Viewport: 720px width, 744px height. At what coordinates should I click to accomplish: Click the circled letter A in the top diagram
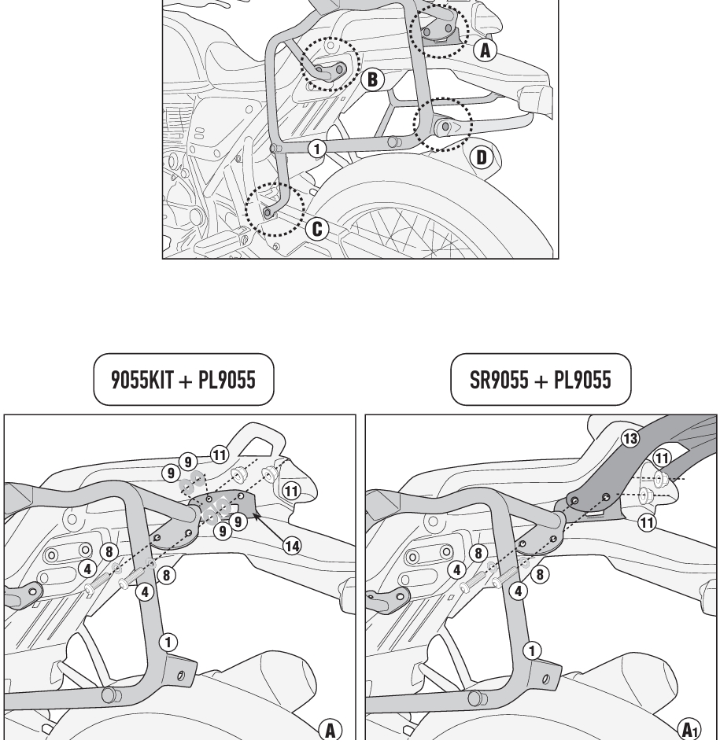click(485, 50)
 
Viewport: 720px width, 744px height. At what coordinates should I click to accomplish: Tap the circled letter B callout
click(372, 79)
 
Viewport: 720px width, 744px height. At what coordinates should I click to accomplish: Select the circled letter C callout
click(317, 229)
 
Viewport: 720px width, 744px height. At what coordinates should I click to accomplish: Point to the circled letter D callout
click(482, 157)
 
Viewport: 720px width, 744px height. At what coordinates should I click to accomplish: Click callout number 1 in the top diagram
click(316, 149)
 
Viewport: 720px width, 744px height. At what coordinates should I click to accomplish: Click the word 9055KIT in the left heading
click(142, 380)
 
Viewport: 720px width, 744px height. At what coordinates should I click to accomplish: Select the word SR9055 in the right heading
click(498, 380)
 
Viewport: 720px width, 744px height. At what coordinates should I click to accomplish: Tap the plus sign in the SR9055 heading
click(541, 381)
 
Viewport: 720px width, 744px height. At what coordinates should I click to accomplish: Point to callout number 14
click(292, 546)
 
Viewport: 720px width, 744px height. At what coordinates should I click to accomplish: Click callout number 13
click(630, 438)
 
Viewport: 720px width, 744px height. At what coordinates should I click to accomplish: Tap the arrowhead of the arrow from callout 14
click(254, 514)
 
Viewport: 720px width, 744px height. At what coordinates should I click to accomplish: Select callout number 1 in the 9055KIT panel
click(168, 643)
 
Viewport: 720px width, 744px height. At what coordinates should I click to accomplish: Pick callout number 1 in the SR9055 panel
click(532, 650)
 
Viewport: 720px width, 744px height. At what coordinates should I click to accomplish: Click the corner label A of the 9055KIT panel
click(330, 731)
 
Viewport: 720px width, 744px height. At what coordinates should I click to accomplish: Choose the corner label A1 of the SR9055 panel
click(689, 730)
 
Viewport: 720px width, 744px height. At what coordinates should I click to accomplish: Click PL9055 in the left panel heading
click(227, 380)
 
